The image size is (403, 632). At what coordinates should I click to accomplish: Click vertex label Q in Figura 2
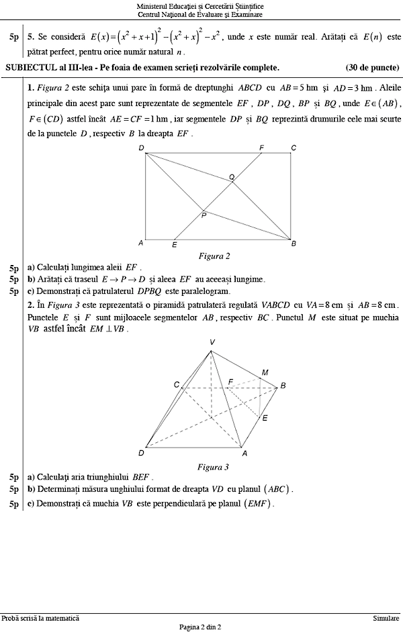point(232,177)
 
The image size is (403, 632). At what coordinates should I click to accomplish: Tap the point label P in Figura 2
point(204,215)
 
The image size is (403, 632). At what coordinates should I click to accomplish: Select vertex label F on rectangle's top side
point(261,147)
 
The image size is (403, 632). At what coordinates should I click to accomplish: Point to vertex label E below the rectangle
point(175,246)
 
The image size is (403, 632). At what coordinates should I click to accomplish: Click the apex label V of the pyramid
point(212,343)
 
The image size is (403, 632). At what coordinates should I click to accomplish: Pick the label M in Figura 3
point(265,372)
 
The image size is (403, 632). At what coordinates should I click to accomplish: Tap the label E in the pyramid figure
point(265,418)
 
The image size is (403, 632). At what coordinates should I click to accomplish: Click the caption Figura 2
point(214,256)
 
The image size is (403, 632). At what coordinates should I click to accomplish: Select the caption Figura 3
point(213,467)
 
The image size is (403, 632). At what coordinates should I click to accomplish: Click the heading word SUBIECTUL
point(28,67)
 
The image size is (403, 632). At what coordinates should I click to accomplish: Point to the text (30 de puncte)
point(372,67)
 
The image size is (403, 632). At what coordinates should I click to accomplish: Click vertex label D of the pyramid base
point(141,453)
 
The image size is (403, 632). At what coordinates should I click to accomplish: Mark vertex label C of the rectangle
point(294,148)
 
